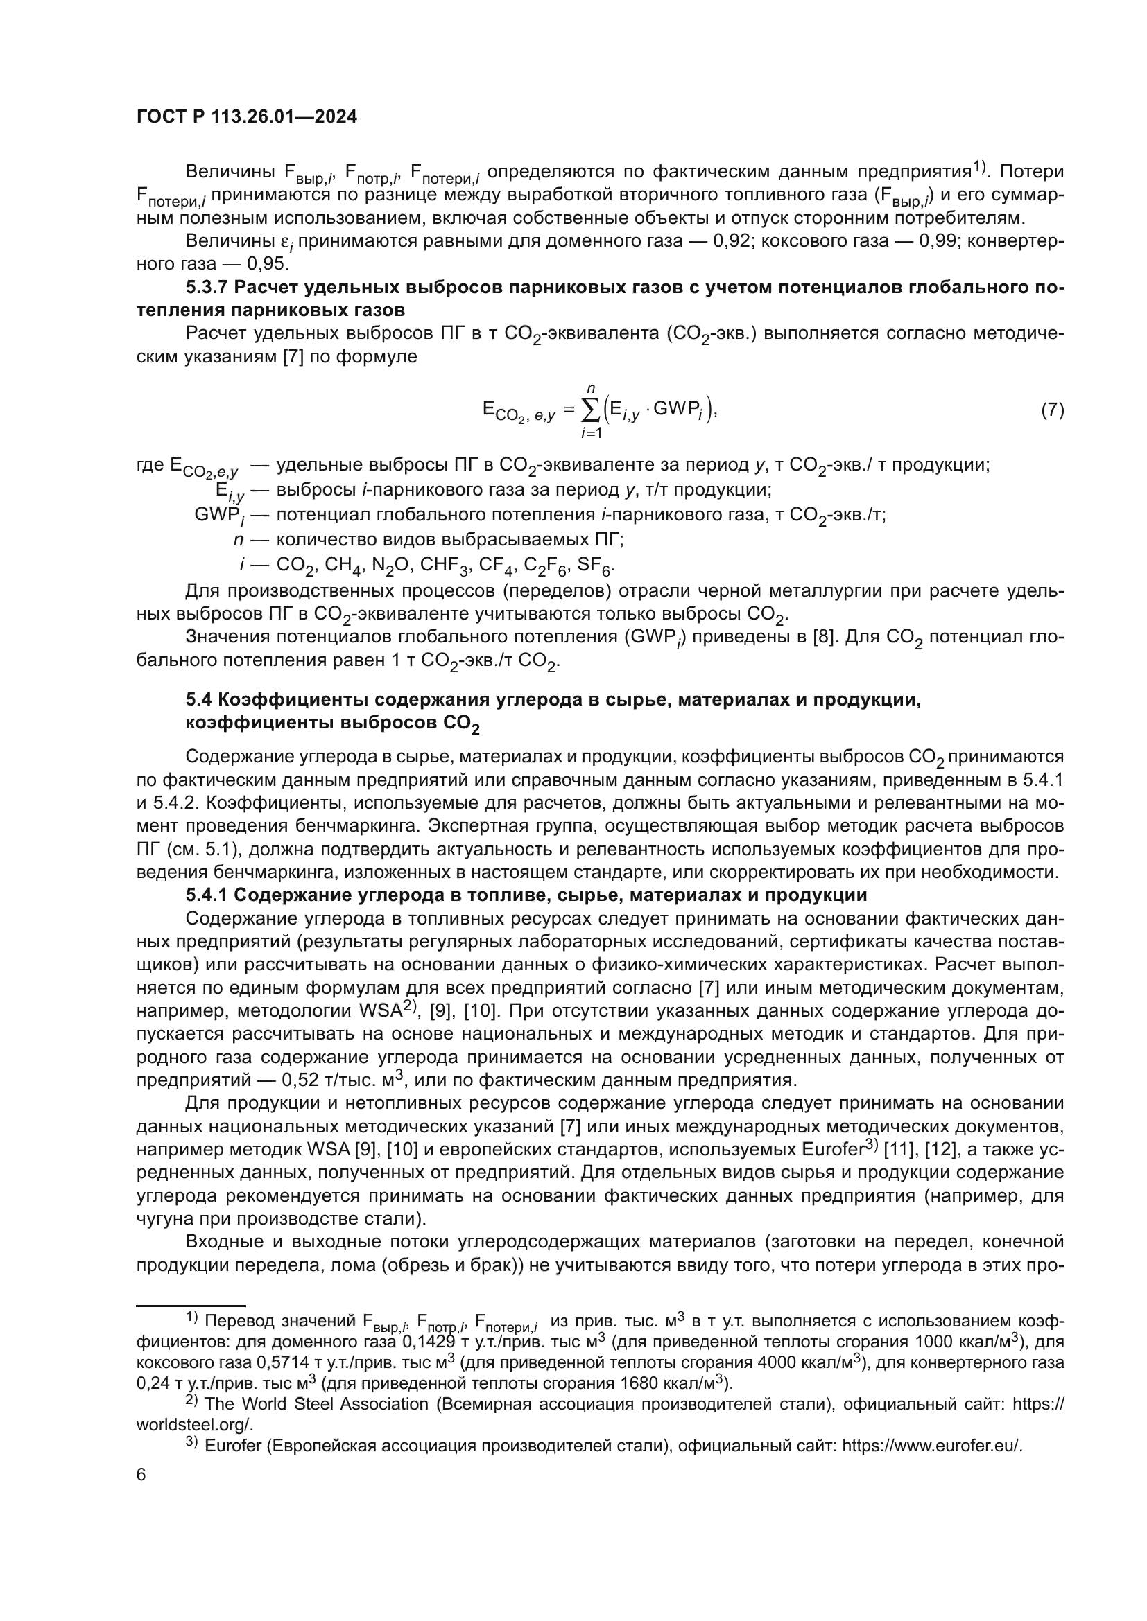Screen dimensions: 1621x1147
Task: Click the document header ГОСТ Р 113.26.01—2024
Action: (246, 117)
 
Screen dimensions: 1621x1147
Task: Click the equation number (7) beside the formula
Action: (1053, 410)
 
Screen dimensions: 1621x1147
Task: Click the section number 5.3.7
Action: (206, 288)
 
